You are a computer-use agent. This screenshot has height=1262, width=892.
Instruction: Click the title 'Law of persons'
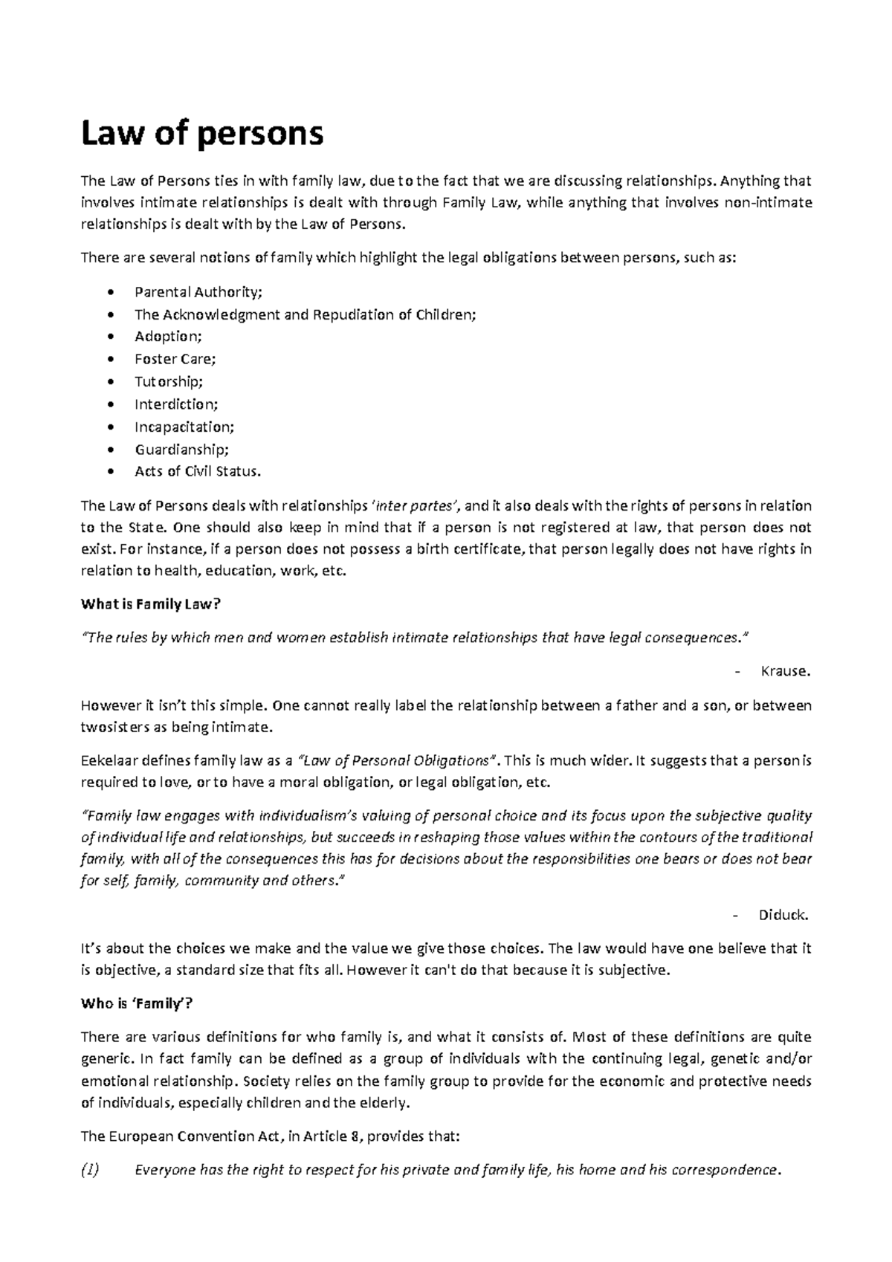(x=202, y=135)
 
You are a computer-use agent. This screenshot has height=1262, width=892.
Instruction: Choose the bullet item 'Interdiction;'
(x=176, y=404)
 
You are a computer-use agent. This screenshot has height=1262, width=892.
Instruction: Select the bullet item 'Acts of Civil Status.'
(x=198, y=471)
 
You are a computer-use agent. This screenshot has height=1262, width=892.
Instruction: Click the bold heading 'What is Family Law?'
(x=151, y=604)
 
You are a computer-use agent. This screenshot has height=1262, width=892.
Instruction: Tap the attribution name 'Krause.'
(x=785, y=671)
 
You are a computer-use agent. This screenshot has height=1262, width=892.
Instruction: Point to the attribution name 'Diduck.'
(x=783, y=915)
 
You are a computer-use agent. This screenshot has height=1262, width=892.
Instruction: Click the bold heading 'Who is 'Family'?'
(x=136, y=1003)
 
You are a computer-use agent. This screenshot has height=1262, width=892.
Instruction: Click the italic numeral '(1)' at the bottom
(x=90, y=1170)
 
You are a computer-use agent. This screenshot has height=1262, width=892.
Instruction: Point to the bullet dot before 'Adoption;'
(x=111, y=337)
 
